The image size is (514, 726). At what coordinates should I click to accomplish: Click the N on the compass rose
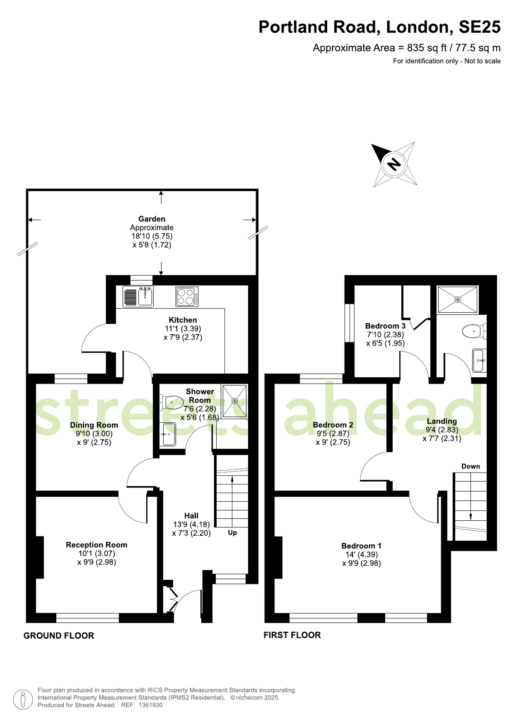[394, 164]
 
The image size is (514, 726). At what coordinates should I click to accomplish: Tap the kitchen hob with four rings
[187, 296]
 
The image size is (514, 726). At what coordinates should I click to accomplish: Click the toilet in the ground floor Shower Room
[171, 402]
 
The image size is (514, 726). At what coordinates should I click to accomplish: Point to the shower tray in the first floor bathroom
[457, 300]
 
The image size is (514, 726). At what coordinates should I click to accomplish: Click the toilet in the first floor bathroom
[474, 331]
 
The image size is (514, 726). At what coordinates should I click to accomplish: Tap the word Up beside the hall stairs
[232, 533]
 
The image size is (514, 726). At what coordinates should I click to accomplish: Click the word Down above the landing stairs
[470, 466]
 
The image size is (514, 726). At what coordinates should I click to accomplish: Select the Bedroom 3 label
[385, 326]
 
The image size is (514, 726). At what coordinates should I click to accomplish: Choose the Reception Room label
[96, 545]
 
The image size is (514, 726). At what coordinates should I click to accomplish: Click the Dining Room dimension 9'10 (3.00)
[94, 434]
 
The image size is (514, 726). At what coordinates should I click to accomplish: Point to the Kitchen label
[183, 320]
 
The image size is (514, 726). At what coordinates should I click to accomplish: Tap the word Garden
[151, 219]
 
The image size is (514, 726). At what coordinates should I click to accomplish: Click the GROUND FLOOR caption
[59, 636]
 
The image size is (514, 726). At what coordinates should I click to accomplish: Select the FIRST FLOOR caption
[292, 635]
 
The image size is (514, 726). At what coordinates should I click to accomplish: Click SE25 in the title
[479, 27]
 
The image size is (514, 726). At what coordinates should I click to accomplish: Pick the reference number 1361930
[150, 705]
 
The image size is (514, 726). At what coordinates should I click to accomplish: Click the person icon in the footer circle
[23, 700]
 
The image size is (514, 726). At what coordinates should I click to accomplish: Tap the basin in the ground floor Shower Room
[168, 435]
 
